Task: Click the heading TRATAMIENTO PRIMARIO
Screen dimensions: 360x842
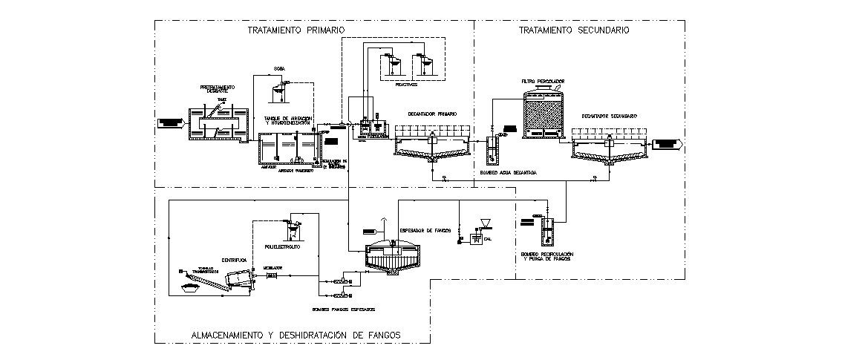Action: pyautogui.click(x=296, y=30)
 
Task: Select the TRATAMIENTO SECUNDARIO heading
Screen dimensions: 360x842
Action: pyautogui.click(x=574, y=30)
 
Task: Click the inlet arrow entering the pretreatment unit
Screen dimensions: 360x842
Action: pyautogui.click(x=170, y=122)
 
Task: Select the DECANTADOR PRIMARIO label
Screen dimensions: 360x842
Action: pyautogui.click(x=431, y=114)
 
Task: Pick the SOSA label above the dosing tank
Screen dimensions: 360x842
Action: pyautogui.click(x=280, y=68)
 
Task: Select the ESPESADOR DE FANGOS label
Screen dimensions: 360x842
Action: pyautogui.click(x=425, y=231)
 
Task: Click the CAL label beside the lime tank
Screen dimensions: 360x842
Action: pyautogui.click(x=488, y=239)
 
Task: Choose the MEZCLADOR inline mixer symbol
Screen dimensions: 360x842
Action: pyautogui.click(x=271, y=276)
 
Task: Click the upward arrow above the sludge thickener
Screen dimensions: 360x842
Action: pyautogui.click(x=383, y=222)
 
